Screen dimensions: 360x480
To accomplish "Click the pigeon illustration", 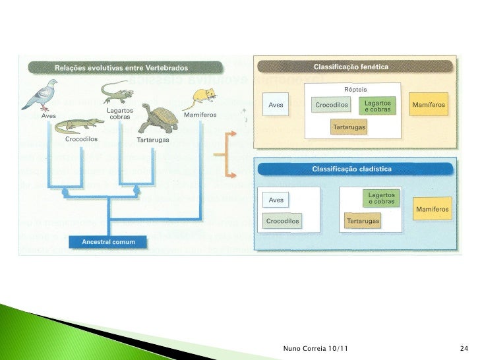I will [x=40, y=94].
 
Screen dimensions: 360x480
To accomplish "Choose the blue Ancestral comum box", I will [x=108, y=242].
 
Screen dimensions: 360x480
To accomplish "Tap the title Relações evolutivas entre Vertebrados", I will [x=121, y=67].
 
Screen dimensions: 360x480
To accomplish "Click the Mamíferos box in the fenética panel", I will [x=429, y=105].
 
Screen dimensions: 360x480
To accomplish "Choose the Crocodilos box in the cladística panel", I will [x=285, y=221].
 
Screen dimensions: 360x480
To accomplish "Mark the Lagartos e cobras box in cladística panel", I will [x=382, y=198].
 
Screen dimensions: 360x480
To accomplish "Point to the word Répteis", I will [x=355, y=89].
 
